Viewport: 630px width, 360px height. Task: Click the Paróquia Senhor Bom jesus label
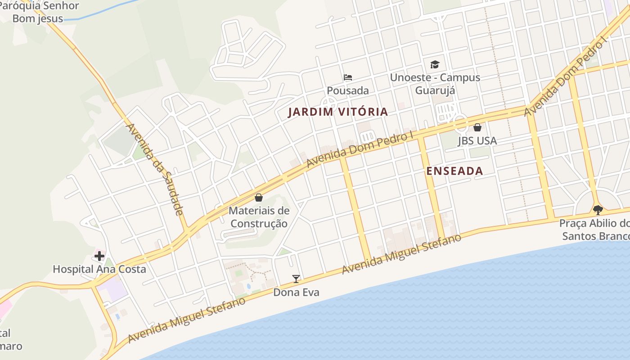click(40, 12)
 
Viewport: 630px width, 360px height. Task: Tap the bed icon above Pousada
click(347, 77)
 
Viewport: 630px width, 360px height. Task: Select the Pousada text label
click(347, 90)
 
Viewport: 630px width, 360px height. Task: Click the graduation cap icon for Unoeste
click(435, 64)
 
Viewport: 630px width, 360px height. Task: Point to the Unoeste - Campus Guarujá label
click(435, 84)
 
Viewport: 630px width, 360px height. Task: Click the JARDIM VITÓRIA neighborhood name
click(338, 112)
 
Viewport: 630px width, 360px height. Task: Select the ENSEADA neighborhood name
click(454, 171)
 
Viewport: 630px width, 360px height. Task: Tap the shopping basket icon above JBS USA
click(477, 128)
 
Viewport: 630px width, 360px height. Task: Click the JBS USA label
click(477, 141)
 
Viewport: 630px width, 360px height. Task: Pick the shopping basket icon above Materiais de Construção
click(259, 198)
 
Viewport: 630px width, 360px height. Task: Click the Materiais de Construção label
click(259, 217)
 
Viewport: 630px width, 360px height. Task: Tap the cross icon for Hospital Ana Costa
click(99, 256)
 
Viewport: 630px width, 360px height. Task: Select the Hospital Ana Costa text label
click(99, 270)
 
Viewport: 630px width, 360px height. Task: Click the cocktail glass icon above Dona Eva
click(296, 279)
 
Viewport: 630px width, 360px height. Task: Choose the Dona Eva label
click(296, 292)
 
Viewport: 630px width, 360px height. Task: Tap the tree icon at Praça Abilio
click(598, 210)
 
